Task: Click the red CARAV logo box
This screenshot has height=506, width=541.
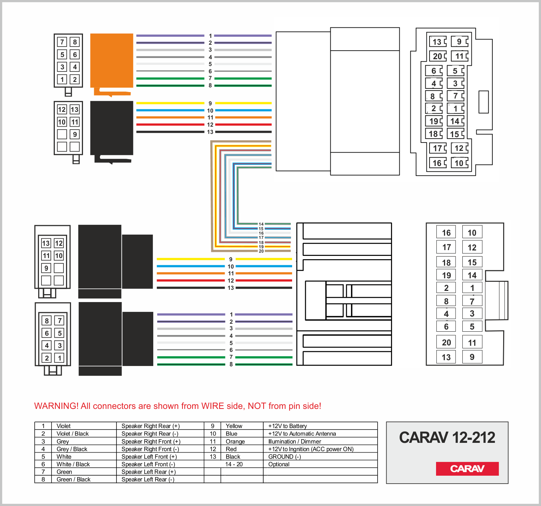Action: (467, 469)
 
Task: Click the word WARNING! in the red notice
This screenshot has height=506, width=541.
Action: (56, 406)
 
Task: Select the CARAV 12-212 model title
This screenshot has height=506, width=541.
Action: (447, 437)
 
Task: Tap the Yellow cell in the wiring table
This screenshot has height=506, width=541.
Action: (234, 426)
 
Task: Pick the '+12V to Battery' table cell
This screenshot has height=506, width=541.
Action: (287, 426)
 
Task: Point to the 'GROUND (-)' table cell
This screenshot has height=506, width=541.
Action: (285, 457)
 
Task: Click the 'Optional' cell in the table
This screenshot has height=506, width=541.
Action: (279, 464)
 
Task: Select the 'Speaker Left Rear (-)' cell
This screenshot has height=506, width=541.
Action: (148, 479)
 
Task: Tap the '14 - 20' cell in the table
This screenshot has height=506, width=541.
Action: (234, 464)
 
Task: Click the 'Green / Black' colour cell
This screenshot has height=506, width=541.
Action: (74, 479)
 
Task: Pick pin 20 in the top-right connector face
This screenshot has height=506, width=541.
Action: (437, 56)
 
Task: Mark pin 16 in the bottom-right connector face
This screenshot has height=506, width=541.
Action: (446, 233)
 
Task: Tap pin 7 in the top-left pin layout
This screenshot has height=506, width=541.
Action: (62, 42)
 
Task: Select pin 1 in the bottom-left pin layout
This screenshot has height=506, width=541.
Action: (60, 358)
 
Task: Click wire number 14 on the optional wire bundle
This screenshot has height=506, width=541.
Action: (261, 224)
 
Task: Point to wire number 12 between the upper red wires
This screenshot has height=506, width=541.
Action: (210, 125)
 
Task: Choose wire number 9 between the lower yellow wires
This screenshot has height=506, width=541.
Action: (231, 259)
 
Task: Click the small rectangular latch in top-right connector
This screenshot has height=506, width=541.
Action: (483, 102)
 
